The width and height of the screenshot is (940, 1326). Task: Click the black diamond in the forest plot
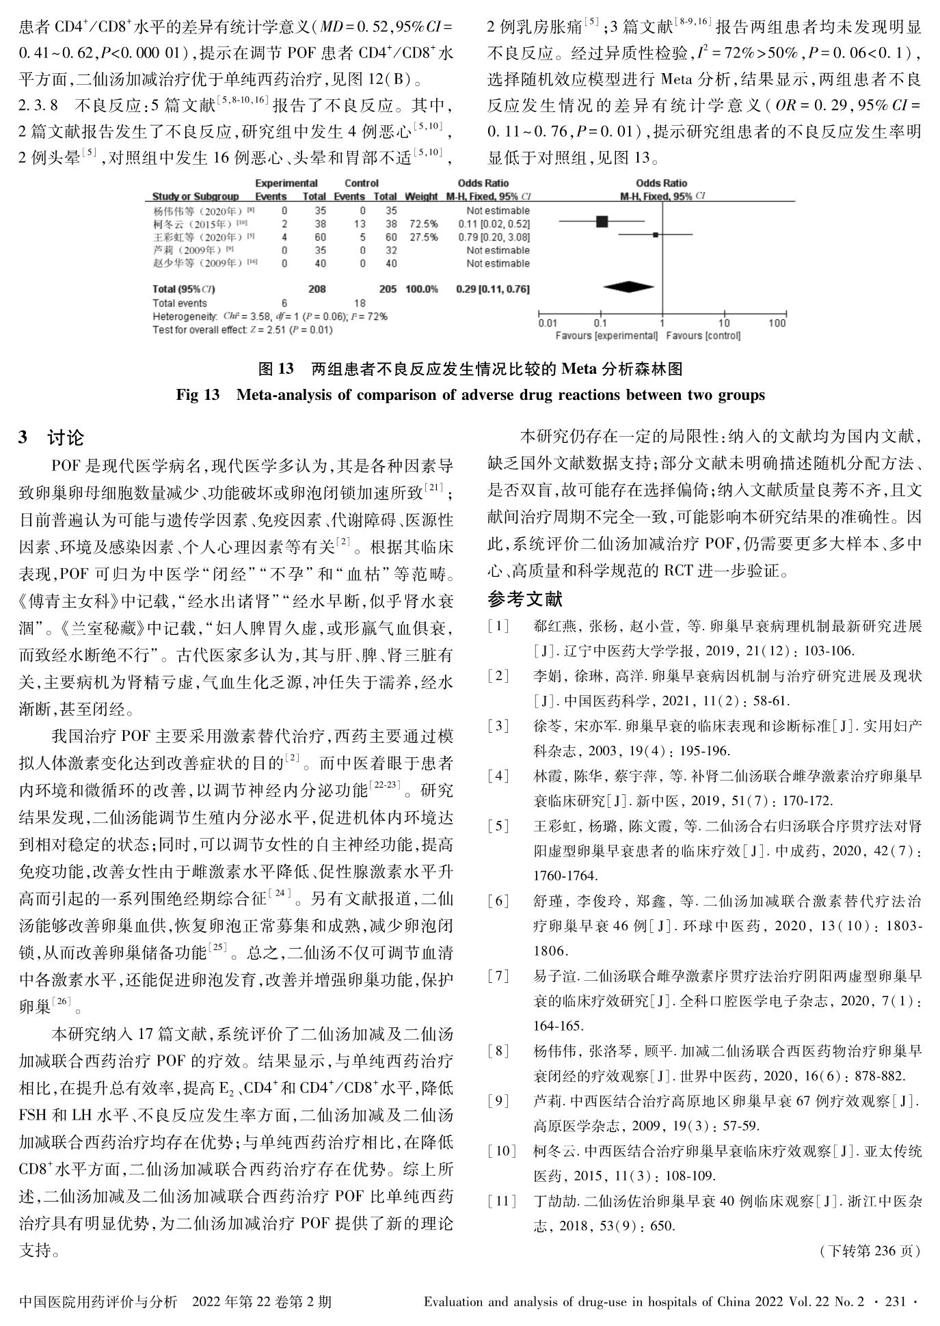pos(629,288)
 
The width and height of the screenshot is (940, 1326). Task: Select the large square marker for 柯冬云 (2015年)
pos(602,221)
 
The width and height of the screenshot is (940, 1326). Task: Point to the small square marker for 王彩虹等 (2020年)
pos(655,234)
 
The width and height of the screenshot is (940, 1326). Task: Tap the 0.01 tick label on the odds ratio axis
pos(547,323)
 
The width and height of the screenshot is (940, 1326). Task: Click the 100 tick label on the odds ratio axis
pos(777,323)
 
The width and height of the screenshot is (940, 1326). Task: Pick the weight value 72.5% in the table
pos(423,224)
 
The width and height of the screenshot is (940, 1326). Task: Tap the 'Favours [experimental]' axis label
pos(606,336)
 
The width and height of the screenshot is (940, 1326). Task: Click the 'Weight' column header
pos(421,197)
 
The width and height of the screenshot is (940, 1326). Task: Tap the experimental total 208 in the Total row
pos(317,289)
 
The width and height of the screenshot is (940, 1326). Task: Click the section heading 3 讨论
pos(51,438)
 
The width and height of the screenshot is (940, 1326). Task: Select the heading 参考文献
pos(525,599)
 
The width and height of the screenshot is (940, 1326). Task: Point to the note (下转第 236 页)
pos(869,1251)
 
